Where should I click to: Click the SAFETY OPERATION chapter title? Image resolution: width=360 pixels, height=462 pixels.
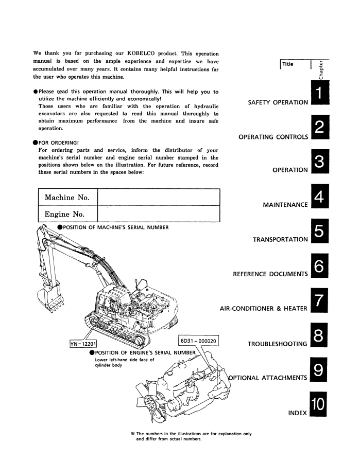(x=278, y=102)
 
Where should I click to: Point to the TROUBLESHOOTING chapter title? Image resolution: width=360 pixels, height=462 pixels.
(x=278, y=343)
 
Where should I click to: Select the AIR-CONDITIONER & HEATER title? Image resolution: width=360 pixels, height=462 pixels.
(x=264, y=309)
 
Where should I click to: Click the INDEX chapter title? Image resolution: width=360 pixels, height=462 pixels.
(x=298, y=413)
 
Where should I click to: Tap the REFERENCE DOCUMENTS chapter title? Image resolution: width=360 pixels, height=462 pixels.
(x=270, y=274)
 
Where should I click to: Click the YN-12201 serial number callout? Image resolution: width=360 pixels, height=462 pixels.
(x=85, y=344)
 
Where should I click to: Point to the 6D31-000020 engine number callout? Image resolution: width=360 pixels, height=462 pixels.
(x=198, y=341)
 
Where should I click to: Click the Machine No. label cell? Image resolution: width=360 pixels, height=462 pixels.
(x=67, y=198)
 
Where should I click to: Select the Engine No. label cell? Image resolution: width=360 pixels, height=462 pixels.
(x=65, y=214)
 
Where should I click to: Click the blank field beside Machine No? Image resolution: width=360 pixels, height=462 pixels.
(x=158, y=198)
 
